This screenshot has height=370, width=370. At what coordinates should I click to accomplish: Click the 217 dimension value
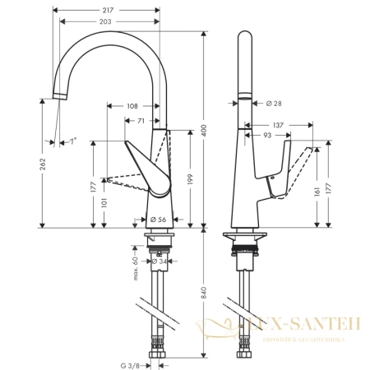point(109,9)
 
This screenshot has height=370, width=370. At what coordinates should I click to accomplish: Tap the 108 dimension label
point(132,105)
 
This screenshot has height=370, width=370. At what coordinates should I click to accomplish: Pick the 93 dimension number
point(267,135)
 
